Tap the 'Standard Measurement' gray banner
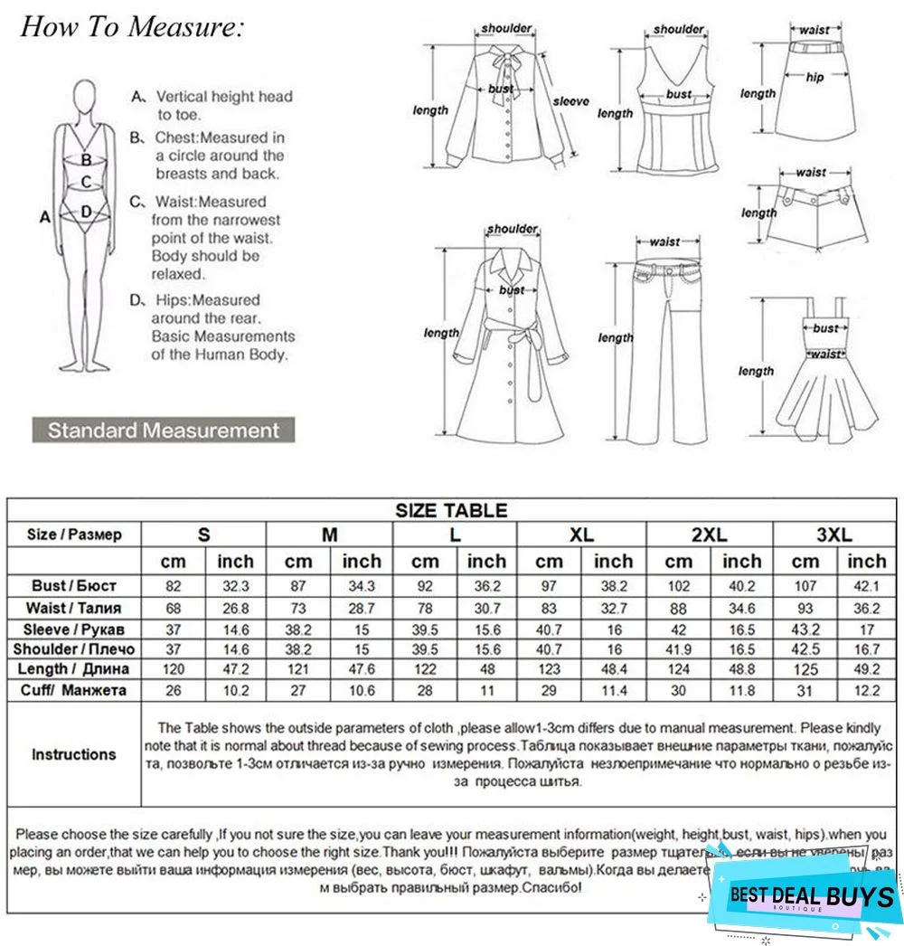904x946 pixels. (164, 430)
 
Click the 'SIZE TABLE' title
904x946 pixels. (451, 511)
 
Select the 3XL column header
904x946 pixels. (833, 534)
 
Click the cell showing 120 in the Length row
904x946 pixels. (173, 669)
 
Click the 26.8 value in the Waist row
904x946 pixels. (235, 608)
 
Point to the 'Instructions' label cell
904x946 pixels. (74, 754)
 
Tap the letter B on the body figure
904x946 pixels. (87, 160)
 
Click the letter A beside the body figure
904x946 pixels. (44, 217)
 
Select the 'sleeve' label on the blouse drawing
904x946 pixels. (570, 101)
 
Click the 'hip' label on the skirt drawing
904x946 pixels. (815, 79)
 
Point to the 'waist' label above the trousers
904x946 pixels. (664, 241)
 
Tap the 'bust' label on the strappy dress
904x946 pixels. (825, 328)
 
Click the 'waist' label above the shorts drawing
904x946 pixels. (811, 172)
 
